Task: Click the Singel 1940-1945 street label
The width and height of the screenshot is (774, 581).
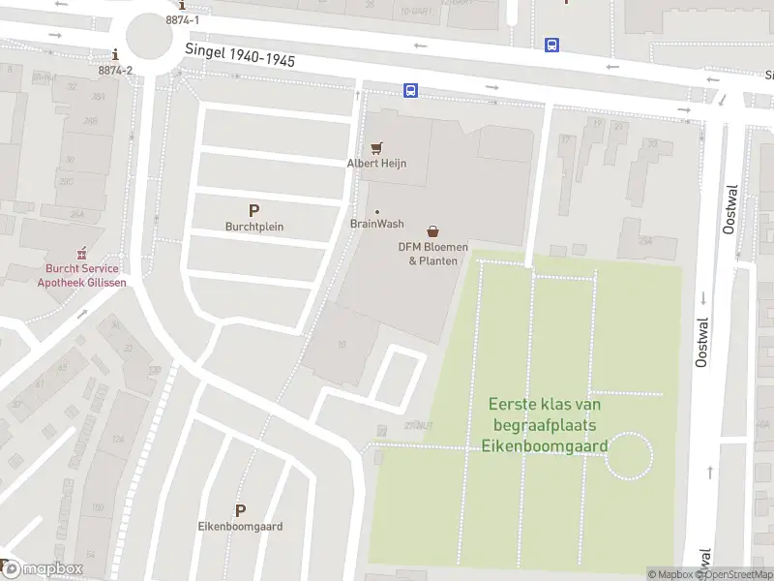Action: coord(240,57)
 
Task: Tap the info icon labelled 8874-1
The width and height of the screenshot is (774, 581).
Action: coord(182,6)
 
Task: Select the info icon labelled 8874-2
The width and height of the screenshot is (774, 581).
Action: coord(116,55)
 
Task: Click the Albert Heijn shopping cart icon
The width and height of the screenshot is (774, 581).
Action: coord(377,148)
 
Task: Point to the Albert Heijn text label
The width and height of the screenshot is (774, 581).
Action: coord(376,164)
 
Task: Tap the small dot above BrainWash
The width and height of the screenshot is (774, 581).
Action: coord(377,212)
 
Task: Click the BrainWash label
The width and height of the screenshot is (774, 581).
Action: coord(376,224)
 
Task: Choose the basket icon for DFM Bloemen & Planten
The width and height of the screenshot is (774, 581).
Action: coord(432,231)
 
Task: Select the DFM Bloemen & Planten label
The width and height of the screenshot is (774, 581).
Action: coord(432,254)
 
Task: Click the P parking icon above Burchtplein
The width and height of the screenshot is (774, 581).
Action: coord(253,210)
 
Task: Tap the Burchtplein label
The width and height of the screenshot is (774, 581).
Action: coord(253,228)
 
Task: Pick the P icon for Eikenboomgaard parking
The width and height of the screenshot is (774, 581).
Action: coord(240,510)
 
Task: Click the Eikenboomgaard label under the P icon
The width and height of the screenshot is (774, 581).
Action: coord(240,527)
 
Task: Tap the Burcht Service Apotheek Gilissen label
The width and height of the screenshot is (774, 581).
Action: coord(81,276)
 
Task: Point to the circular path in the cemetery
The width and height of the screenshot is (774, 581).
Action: coord(629,456)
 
